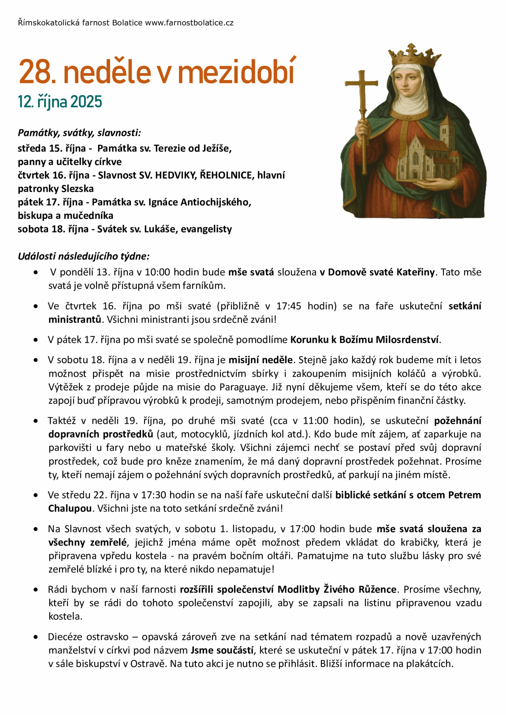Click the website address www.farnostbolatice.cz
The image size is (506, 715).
(x=189, y=23)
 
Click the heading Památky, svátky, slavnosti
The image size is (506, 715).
(x=79, y=133)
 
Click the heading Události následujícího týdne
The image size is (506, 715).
(x=84, y=256)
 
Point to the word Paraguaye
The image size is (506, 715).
(x=241, y=387)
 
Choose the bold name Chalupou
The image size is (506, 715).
(x=70, y=508)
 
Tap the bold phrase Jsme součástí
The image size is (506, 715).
(x=222, y=650)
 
